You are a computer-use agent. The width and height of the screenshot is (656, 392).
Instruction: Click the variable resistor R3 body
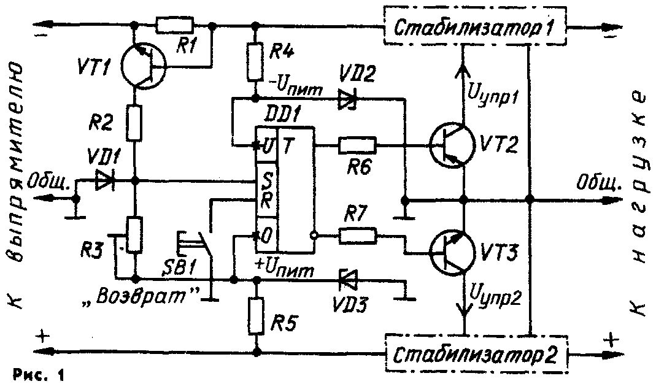[136, 236]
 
